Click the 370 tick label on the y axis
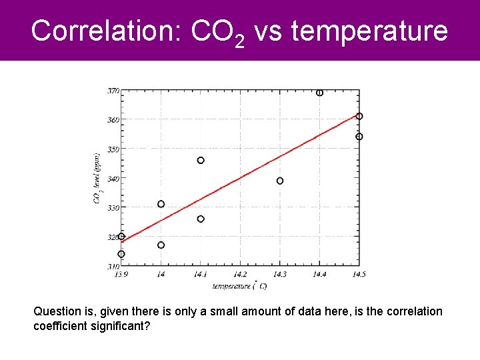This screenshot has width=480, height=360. (x=113, y=90)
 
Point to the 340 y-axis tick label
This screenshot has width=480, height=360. (x=113, y=178)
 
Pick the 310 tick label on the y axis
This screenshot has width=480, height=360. (x=113, y=266)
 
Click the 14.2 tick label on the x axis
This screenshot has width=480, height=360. (x=240, y=274)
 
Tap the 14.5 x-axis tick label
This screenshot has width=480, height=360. (x=359, y=274)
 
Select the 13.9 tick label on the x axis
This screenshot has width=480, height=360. (x=121, y=274)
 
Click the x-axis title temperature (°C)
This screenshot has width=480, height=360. (x=240, y=285)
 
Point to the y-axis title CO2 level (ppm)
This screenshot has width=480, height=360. (x=98, y=178)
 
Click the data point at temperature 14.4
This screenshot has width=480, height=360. (x=320, y=93)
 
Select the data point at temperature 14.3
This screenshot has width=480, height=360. (x=280, y=181)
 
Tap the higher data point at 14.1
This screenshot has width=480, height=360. (x=201, y=160)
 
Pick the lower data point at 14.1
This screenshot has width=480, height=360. (x=201, y=219)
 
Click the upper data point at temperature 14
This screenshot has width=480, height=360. (x=161, y=204)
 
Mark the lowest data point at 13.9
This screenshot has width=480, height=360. (x=121, y=254)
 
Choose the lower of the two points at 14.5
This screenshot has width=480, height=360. (x=359, y=137)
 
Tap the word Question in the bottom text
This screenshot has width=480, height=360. (x=57, y=311)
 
